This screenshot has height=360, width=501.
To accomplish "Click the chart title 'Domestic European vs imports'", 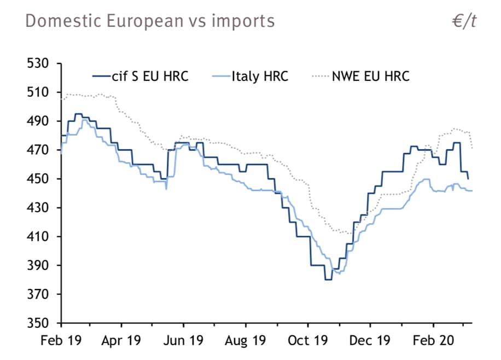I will coord(150,21).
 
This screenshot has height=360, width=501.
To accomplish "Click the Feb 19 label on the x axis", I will coord(61,341).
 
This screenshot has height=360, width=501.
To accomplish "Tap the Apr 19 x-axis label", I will coord(121,341).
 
